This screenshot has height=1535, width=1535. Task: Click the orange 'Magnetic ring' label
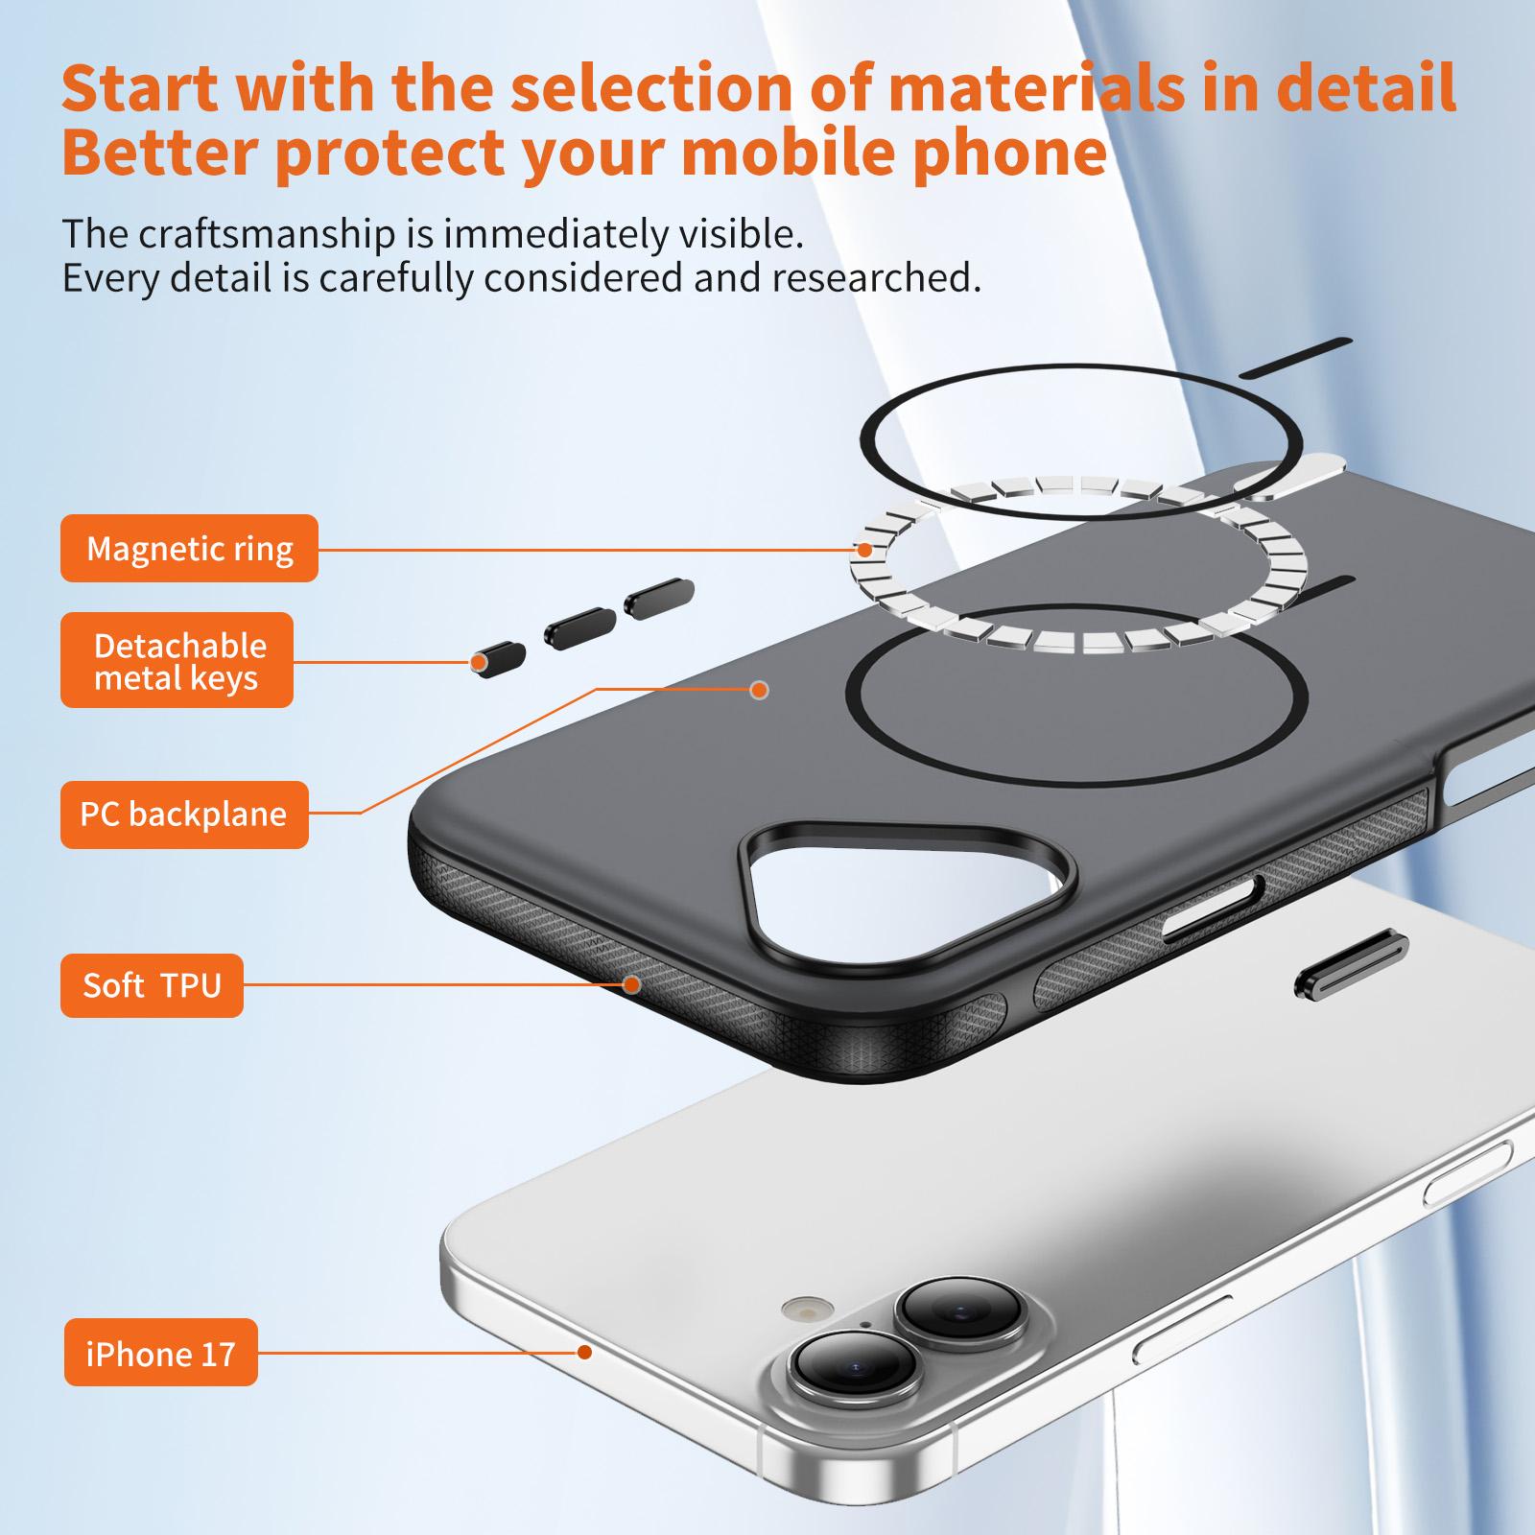[189, 548]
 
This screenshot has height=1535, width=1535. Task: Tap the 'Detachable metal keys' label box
[177, 660]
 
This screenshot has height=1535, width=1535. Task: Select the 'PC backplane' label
[184, 815]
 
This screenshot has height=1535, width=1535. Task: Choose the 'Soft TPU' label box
[152, 985]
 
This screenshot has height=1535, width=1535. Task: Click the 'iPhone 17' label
[161, 1353]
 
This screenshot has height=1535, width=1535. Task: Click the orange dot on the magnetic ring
[864, 550]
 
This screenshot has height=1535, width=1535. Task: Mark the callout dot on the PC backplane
[760, 690]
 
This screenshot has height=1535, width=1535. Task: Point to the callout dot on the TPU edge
[632, 984]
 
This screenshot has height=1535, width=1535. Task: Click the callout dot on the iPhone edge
[584, 1352]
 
